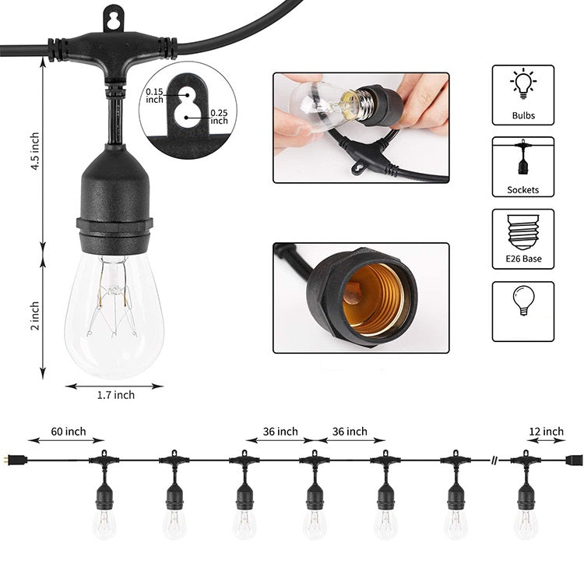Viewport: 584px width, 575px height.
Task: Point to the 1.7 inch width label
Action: coord(115,395)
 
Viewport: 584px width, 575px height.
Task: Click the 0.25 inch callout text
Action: coord(219,116)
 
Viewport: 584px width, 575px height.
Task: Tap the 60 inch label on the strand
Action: coord(68,431)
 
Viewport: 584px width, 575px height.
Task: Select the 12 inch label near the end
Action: coord(546,431)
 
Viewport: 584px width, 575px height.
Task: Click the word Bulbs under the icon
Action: coord(522,116)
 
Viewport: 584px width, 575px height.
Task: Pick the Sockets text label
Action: coord(522,189)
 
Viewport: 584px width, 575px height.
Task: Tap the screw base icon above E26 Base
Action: coord(522,230)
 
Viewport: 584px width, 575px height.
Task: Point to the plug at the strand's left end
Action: coord(18,460)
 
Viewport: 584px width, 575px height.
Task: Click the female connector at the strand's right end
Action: coord(572,460)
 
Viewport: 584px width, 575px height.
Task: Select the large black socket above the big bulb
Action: coord(114,195)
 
